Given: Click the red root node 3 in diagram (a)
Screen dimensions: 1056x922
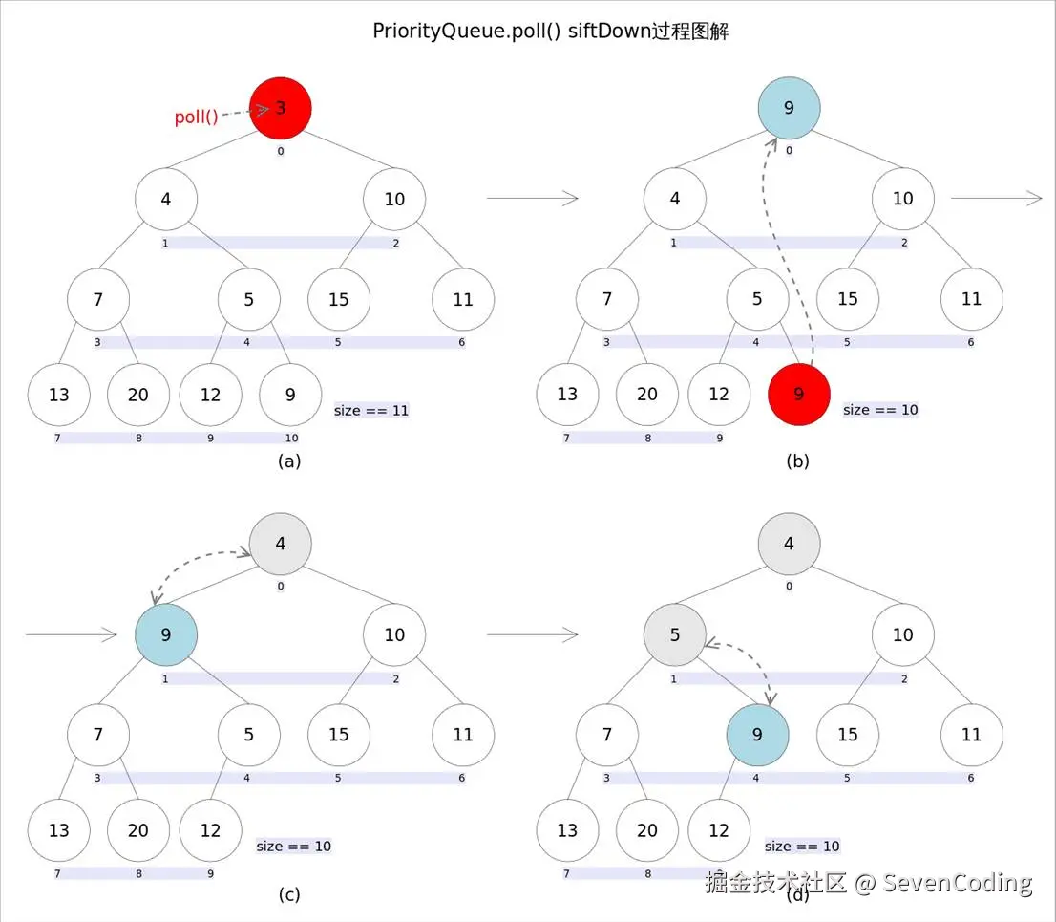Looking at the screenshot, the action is pyautogui.click(x=280, y=108).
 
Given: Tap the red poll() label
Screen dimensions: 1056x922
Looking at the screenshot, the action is pyautogui.click(x=196, y=117).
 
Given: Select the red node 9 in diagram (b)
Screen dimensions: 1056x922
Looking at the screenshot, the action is pyautogui.click(x=799, y=395).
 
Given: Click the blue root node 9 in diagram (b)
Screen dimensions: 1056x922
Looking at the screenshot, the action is pyautogui.click(x=790, y=108).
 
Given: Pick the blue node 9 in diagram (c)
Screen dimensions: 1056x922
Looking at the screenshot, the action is pyautogui.click(x=166, y=634).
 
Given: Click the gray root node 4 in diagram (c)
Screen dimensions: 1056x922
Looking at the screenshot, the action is pyautogui.click(x=280, y=544).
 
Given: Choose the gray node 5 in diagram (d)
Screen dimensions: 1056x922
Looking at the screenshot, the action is pyautogui.click(x=675, y=634).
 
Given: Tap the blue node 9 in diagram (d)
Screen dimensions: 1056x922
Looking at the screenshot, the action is pyautogui.click(x=758, y=735).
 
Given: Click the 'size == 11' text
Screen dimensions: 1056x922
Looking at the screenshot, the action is pyautogui.click(x=371, y=410).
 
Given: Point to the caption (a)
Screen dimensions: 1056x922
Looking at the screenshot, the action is pyautogui.click(x=289, y=461).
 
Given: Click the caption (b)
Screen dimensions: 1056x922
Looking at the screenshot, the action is pyautogui.click(x=798, y=461).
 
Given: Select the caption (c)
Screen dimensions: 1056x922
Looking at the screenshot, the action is pyautogui.click(x=289, y=894).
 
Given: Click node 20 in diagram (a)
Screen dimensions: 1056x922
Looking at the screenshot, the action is pyautogui.click(x=138, y=395).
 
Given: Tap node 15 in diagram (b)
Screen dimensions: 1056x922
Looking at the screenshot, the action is pyautogui.click(x=848, y=298).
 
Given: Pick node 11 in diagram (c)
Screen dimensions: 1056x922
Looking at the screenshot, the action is pyautogui.click(x=463, y=735).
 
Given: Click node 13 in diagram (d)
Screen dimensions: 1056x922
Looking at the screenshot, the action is pyautogui.click(x=567, y=830).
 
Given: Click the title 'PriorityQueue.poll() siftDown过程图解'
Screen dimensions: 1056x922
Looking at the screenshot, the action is pyautogui.click(x=551, y=31).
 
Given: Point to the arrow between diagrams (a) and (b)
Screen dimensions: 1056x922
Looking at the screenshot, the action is pyautogui.click(x=532, y=198).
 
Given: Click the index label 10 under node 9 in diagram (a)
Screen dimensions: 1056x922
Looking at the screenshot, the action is pyautogui.click(x=291, y=439).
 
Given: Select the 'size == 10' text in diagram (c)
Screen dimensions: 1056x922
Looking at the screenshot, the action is pyautogui.click(x=294, y=846).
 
